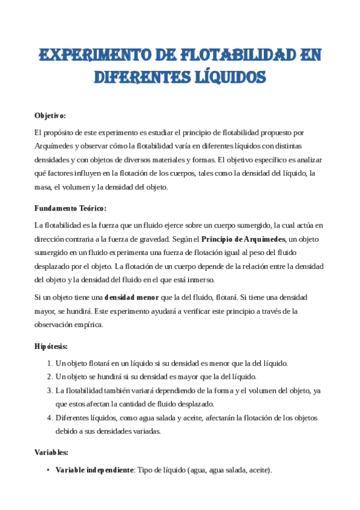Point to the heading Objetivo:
click(x=50, y=115)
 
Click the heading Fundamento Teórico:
click(x=70, y=208)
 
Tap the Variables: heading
click(x=51, y=452)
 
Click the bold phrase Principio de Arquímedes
click(x=243, y=239)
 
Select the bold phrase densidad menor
click(x=131, y=297)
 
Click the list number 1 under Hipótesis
click(x=49, y=363)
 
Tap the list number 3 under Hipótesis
click(x=49, y=390)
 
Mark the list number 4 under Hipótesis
click(x=49, y=417)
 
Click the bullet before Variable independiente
click(x=47, y=470)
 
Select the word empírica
click(x=91, y=324)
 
